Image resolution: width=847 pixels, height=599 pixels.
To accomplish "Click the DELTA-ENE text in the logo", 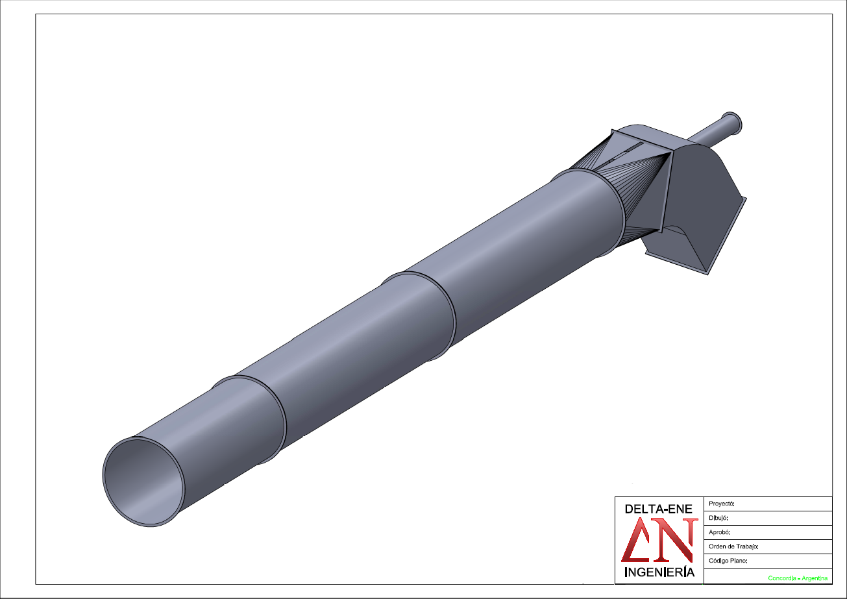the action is tap(658, 509).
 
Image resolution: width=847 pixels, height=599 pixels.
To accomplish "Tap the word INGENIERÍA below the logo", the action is tap(659, 572).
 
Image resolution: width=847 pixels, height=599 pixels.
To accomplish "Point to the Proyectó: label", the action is tap(722, 504).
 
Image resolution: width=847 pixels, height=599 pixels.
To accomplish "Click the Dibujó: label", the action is tap(718, 518).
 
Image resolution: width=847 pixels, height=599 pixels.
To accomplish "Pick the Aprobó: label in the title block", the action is tap(720, 532).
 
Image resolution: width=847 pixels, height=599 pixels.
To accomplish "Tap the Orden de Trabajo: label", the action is tap(733, 546).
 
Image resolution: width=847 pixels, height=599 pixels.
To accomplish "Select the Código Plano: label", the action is tap(728, 561).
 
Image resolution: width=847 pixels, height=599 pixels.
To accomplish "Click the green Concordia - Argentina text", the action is tap(798, 578).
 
